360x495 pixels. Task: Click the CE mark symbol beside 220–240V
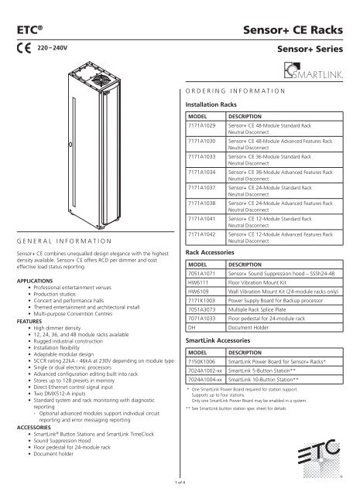[x=24, y=47]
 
